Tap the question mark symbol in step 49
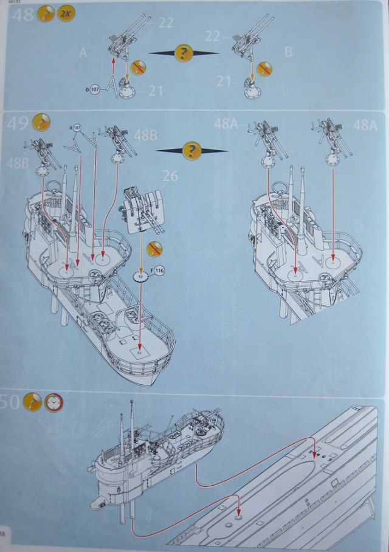point(192,150)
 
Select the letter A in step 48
point(83,53)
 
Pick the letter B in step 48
point(288,52)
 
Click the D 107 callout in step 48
point(95,89)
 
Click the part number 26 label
point(170,177)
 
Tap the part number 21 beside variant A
point(156,91)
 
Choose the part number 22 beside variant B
point(213,36)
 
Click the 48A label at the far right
point(365,125)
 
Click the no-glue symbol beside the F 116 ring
point(156,248)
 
